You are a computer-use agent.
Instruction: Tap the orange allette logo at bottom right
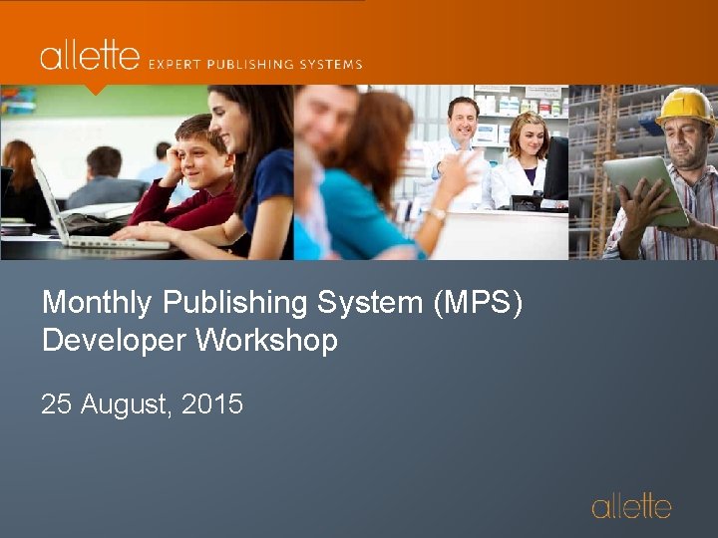click(631, 506)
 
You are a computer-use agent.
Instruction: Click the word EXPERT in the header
click(177, 64)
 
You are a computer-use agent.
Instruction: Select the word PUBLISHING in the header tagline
click(253, 64)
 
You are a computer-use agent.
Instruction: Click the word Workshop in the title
click(266, 341)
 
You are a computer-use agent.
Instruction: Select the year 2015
click(213, 404)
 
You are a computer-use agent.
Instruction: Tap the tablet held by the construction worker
click(645, 188)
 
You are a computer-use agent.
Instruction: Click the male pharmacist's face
click(463, 119)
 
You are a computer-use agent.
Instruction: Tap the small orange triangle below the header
click(95, 89)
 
